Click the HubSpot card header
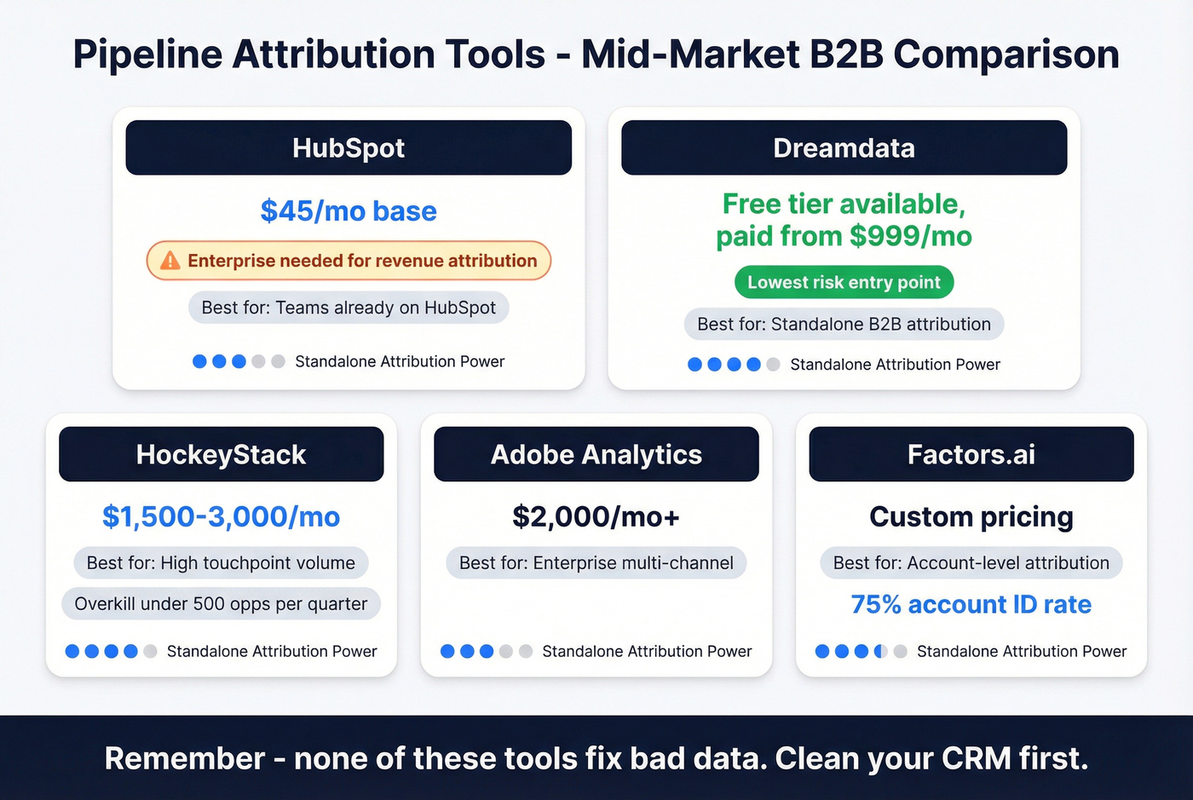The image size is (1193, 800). [x=349, y=147]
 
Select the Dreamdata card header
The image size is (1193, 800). [x=844, y=147]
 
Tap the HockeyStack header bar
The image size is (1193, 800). [x=221, y=454]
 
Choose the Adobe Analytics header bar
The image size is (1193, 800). [x=596, y=454]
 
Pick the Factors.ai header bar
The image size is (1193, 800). [x=971, y=454]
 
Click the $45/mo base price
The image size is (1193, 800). [x=349, y=210]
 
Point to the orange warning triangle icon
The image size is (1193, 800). [x=170, y=261]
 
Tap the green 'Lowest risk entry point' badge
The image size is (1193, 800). [x=844, y=282]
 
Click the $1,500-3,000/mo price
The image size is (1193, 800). [x=221, y=516]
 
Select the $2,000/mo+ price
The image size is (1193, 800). [x=596, y=516]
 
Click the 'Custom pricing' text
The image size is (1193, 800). [x=971, y=516]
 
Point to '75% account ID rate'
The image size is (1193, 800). [x=971, y=604]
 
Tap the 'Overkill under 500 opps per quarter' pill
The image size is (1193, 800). [x=221, y=604]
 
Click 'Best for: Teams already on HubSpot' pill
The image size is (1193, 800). [x=349, y=308]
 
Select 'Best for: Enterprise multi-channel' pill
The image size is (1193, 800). [x=596, y=563]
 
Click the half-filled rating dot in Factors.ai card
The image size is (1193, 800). [x=881, y=652]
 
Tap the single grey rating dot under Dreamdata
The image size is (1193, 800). [x=773, y=365]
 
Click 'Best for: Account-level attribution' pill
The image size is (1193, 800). [x=971, y=563]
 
